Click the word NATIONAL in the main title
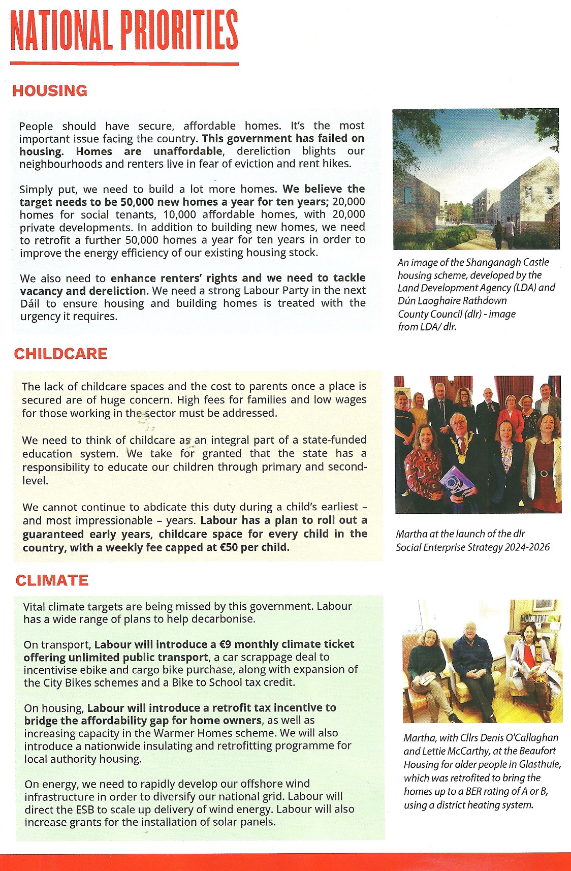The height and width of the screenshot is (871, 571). (61, 32)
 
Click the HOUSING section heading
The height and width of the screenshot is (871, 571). (50, 91)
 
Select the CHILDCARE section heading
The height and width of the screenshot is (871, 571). (60, 354)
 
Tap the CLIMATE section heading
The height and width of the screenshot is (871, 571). (52, 580)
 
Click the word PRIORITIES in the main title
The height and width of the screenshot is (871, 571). (179, 32)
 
